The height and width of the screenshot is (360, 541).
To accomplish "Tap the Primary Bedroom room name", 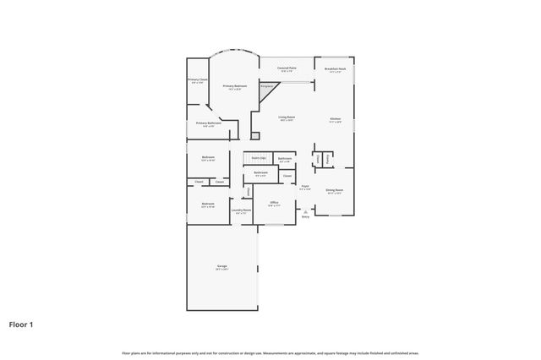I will (x=235, y=85).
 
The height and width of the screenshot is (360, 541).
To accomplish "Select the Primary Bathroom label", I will (x=209, y=123).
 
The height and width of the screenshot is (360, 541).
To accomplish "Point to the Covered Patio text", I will (x=287, y=68).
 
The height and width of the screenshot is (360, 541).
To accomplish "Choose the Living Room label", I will (x=287, y=117).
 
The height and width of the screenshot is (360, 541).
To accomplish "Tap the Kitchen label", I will (x=336, y=118).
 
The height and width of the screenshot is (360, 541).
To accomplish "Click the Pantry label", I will (x=328, y=159).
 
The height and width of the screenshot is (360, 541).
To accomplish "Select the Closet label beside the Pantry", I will (x=317, y=159).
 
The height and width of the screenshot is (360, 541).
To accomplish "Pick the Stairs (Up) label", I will (x=258, y=158).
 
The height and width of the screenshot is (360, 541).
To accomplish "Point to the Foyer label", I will (x=305, y=187).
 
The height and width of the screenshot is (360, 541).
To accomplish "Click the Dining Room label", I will (x=335, y=190).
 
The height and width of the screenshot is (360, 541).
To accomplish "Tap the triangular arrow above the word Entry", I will (x=305, y=211).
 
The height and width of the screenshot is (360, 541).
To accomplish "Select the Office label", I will (x=274, y=203).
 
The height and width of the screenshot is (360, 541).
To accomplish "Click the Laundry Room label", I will (x=242, y=210).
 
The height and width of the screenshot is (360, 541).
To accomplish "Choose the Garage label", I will (x=221, y=266).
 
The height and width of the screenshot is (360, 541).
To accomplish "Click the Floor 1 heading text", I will (x=21, y=324).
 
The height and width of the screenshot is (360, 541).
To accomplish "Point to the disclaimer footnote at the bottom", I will (x=270, y=352).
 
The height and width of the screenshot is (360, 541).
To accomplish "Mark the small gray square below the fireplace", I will (x=254, y=134).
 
